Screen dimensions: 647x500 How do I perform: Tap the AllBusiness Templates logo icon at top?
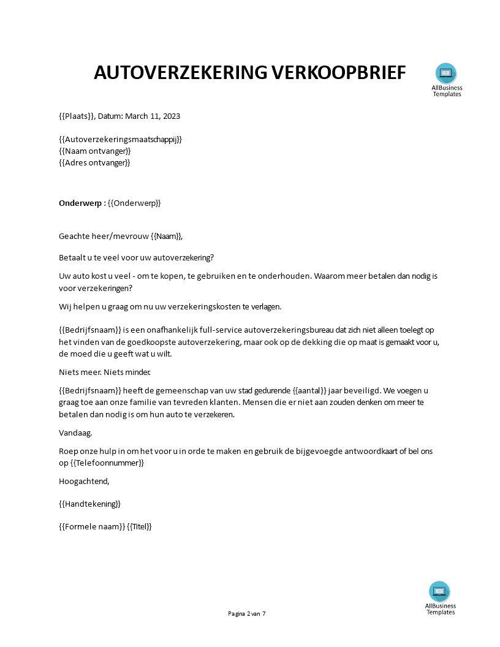point(446,74)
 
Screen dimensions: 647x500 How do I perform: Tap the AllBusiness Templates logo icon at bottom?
point(439,591)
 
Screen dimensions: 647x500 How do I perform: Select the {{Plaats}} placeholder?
point(77,116)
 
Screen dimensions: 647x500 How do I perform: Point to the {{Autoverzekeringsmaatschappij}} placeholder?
point(120,139)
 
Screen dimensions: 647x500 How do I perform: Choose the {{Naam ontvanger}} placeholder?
point(94,151)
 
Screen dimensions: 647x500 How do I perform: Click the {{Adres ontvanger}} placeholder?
point(94,162)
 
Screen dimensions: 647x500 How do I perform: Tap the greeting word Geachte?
point(74,236)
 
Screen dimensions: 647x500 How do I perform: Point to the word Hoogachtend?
point(84,481)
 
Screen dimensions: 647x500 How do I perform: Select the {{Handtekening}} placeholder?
point(89,504)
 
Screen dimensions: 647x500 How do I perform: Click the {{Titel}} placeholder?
point(139,526)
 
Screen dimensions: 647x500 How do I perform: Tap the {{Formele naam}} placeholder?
point(92,526)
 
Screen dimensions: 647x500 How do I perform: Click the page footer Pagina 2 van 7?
point(247,613)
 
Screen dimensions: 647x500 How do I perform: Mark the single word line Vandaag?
point(75,433)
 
